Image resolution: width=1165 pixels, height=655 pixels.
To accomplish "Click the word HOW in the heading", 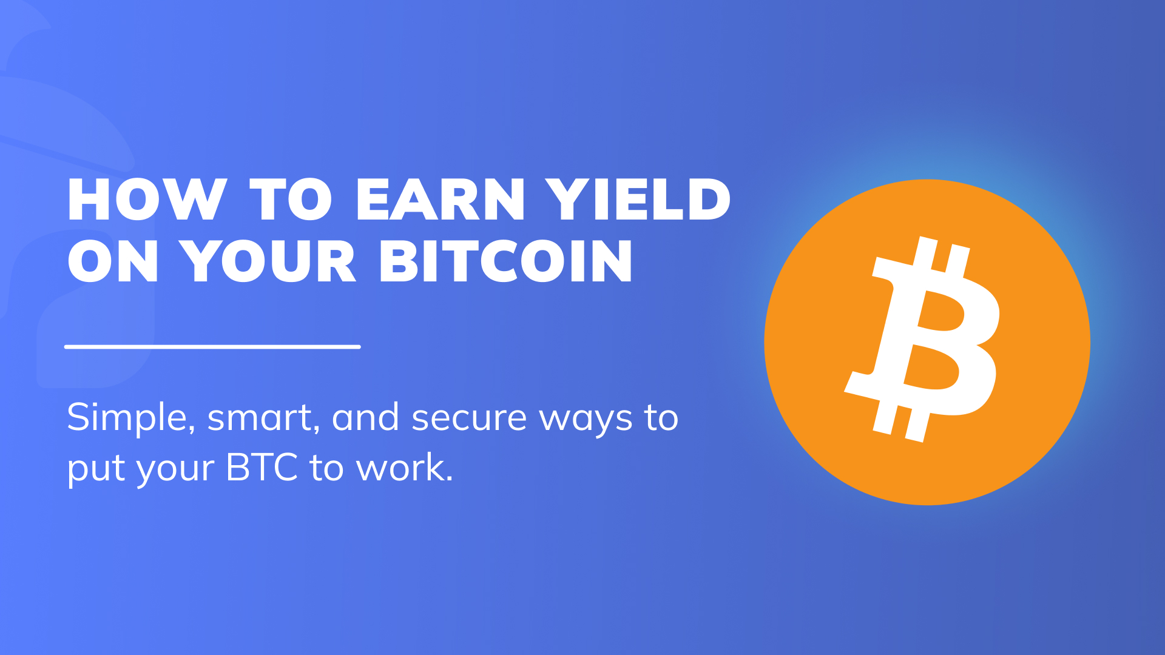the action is point(147,200).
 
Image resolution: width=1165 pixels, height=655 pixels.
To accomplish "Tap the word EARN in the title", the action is point(440,200).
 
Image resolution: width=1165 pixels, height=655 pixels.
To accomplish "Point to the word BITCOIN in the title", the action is point(506,261).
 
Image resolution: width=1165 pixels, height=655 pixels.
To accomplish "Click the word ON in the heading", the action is point(113,261).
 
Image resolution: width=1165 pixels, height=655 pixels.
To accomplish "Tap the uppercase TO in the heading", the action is point(291,200).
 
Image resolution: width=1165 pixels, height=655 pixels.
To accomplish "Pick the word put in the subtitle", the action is point(96,469).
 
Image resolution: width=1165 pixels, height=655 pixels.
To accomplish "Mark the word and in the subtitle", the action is point(365,417).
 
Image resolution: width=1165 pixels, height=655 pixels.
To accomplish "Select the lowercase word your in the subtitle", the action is point(175,471).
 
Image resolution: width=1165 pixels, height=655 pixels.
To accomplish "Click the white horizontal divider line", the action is point(212,347).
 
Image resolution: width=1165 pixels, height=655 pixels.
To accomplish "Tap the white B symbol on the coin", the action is point(922,339).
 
